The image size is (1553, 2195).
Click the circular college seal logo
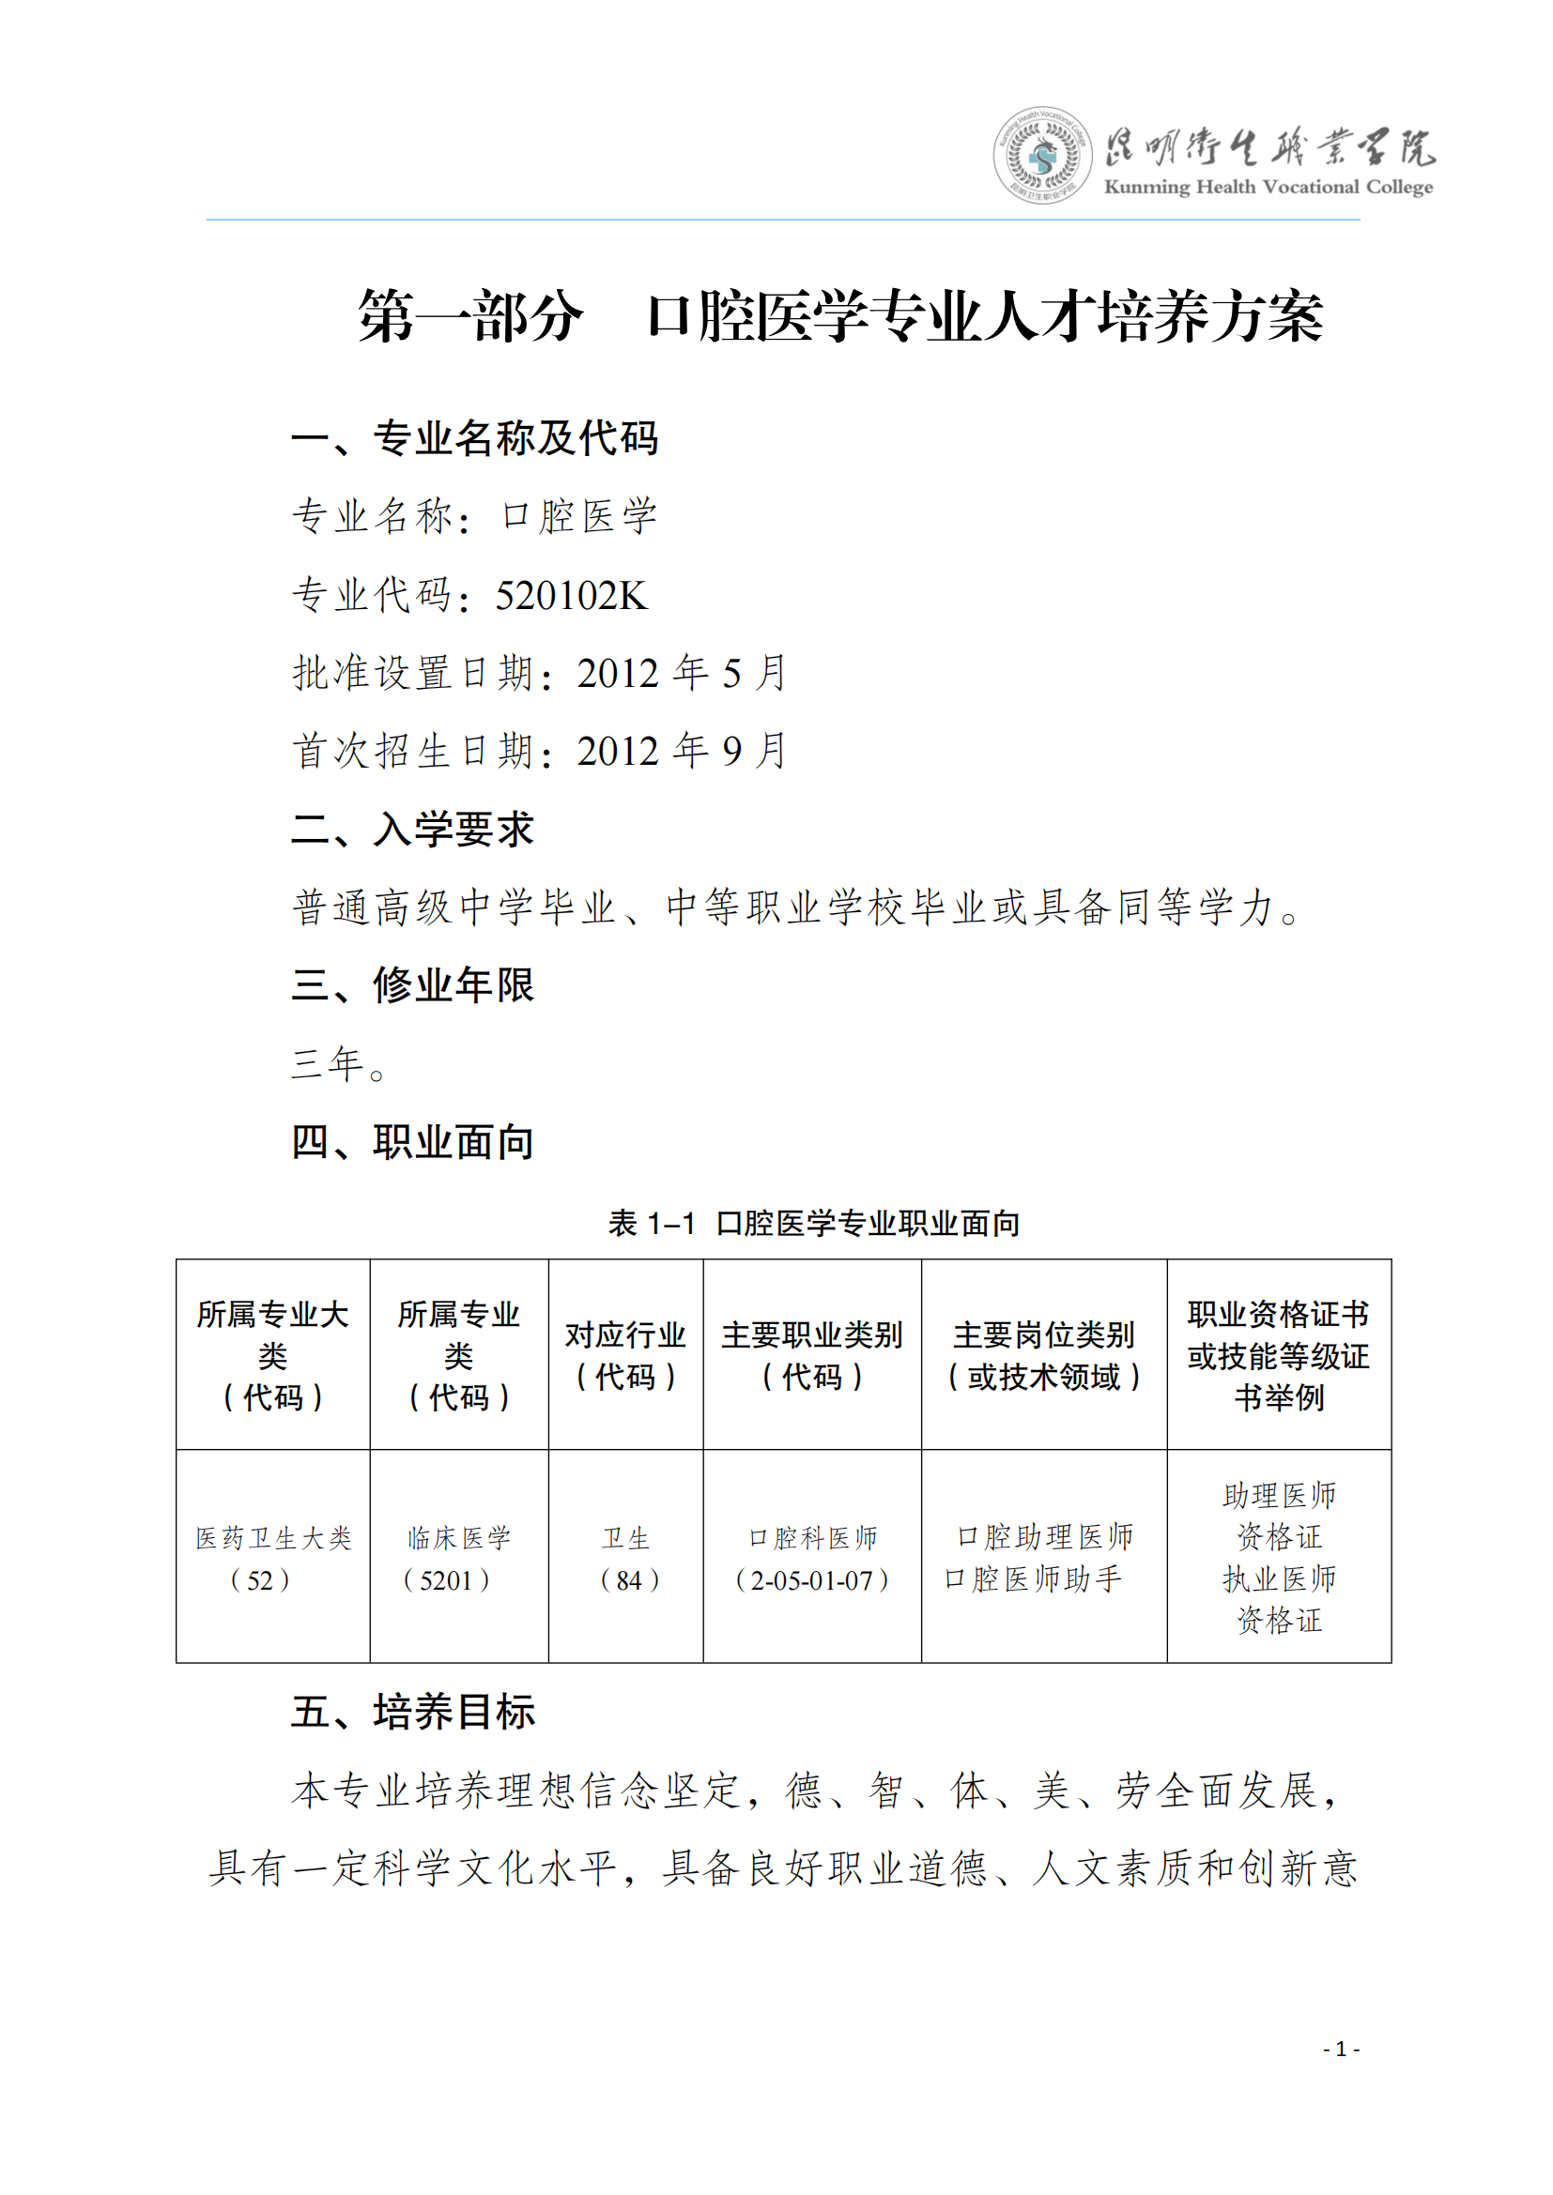(1041, 155)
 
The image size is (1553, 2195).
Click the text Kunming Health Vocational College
(1268, 188)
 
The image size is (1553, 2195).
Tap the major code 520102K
(571, 596)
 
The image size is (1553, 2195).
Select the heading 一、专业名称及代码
(474, 439)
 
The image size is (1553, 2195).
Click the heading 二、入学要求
(412, 829)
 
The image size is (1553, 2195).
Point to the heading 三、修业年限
(412, 984)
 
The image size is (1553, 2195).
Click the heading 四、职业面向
(412, 1141)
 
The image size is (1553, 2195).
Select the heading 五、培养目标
(412, 1712)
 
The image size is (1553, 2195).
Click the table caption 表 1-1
(652, 1224)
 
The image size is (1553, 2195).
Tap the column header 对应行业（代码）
(625, 1356)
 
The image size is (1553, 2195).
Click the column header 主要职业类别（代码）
(812, 1356)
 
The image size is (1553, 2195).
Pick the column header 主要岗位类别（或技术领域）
(1043, 1356)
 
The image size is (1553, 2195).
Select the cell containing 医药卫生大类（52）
(272, 1559)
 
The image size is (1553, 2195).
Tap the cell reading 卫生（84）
(626, 1559)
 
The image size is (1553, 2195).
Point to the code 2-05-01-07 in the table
(812, 1580)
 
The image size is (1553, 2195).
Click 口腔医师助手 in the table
(1033, 1579)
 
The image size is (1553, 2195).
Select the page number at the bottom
(1341, 2049)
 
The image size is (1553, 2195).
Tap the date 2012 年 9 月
(682, 752)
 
